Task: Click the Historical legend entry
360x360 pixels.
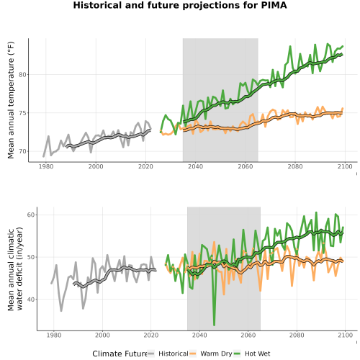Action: click(168, 354)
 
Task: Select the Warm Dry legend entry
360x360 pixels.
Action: click(211, 354)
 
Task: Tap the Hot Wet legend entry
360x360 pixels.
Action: click(252, 354)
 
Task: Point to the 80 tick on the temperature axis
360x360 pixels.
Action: click(22, 75)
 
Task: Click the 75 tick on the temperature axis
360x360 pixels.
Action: click(22, 113)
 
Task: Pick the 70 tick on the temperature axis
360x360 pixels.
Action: click(22, 151)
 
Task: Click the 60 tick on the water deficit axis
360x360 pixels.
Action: click(31, 215)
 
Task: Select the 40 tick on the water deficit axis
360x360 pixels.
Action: click(31, 300)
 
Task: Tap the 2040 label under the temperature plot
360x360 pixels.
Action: click(195, 166)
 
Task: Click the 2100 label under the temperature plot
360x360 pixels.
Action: click(345, 166)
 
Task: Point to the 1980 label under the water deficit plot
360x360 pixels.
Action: click(54, 335)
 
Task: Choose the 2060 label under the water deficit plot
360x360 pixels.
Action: click(248, 335)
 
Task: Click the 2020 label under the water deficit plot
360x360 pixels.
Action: click(151, 335)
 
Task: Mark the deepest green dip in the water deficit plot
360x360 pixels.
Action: click(214, 325)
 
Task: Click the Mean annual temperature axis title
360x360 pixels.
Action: click(11, 100)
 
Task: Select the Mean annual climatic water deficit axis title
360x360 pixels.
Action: click(15, 269)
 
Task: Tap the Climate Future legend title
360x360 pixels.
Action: click(120, 354)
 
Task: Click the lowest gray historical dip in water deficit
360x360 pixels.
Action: click(61, 311)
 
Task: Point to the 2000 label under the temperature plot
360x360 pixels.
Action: click(96, 166)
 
